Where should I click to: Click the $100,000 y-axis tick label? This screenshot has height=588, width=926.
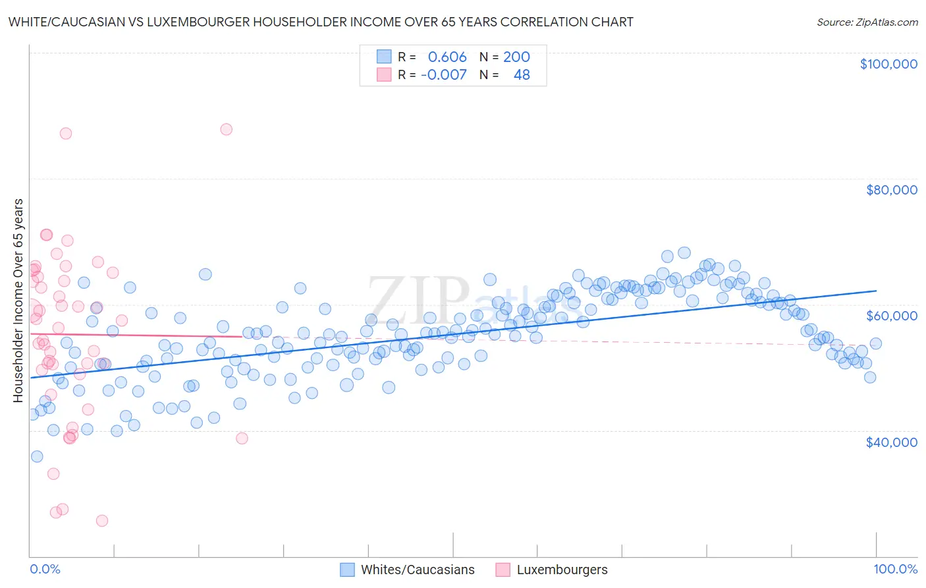point(888,64)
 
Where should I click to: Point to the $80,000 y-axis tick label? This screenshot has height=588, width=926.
point(892,190)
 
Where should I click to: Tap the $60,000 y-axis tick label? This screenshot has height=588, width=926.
point(892,316)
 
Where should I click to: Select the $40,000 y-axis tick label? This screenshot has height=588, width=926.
point(892,442)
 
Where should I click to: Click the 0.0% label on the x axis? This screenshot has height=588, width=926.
point(45,570)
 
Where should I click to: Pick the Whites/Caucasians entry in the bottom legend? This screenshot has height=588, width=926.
point(418,570)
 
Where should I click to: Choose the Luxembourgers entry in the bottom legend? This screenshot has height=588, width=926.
point(562,570)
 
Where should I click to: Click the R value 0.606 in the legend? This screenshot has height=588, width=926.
point(447,57)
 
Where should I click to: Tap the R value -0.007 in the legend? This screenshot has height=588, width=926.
point(444,74)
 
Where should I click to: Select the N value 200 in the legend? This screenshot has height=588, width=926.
point(516,57)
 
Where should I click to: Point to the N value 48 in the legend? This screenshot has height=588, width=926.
point(522,74)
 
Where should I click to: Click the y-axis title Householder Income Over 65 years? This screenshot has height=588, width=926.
point(18,300)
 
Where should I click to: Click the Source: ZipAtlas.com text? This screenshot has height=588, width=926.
point(867,22)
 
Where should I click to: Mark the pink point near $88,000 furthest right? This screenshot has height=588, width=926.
point(226,129)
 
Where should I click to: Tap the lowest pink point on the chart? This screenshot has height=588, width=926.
point(102,521)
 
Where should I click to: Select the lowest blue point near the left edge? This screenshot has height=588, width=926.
point(37,456)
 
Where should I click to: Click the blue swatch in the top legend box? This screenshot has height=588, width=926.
point(384,57)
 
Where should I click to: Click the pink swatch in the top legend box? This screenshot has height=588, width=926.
point(384,74)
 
